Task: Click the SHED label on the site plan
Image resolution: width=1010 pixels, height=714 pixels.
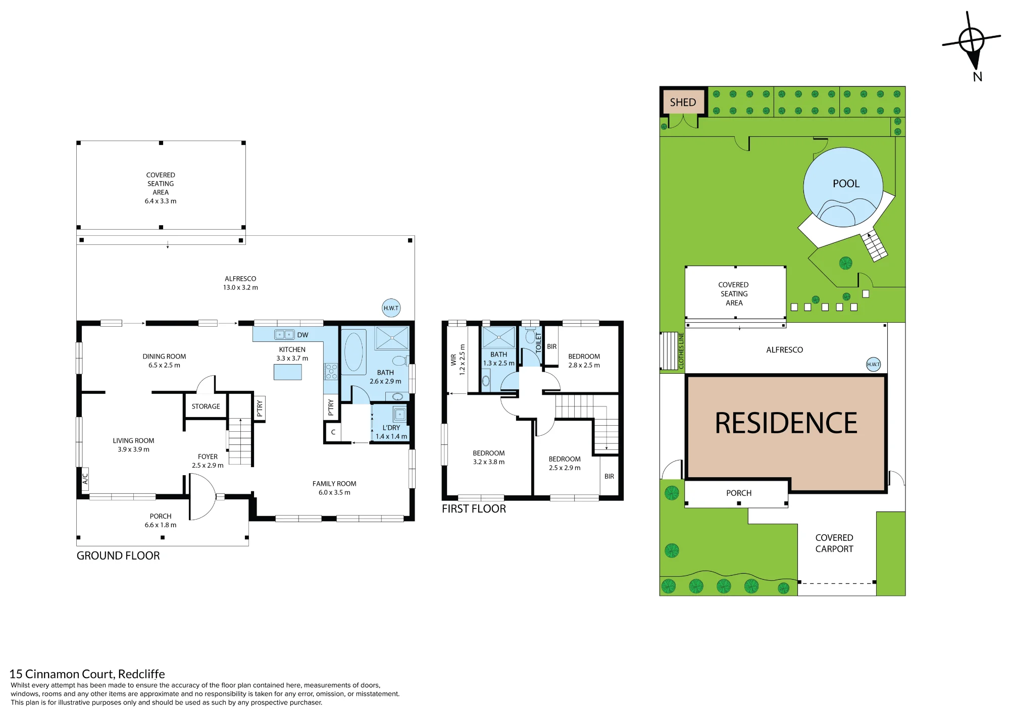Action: tap(683, 103)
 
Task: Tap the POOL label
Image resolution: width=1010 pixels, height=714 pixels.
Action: tap(846, 184)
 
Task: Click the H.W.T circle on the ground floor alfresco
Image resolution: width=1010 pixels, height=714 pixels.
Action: tap(391, 308)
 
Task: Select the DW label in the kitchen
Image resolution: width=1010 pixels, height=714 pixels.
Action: tap(302, 335)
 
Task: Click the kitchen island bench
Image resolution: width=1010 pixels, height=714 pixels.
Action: tap(288, 372)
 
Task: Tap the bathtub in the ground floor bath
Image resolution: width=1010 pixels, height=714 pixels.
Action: tap(353, 352)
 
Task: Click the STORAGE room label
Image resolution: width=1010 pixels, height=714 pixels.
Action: tap(206, 406)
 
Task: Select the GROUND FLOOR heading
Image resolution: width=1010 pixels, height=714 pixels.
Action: tap(118, 555)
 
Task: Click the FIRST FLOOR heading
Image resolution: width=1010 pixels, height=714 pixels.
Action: tap(474, 509)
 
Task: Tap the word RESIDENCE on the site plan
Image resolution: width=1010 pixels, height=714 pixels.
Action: tap(786, 423)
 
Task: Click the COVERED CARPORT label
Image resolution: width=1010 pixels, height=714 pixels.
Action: tap(834, 543)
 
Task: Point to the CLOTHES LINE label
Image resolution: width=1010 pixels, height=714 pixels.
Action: tap(681, 351)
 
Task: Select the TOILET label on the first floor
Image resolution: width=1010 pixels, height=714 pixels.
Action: tap(538, 342)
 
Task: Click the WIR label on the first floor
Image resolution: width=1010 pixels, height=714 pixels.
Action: tap(453, 360)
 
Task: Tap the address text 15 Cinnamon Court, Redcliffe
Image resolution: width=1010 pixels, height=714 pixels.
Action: tap(87, 674)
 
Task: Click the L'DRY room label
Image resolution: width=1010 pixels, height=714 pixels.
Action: tap(391, 428)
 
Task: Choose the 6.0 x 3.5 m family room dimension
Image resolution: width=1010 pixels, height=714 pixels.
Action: tap(334, 492)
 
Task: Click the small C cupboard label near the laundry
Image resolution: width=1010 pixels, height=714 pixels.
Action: tap(333, 432)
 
